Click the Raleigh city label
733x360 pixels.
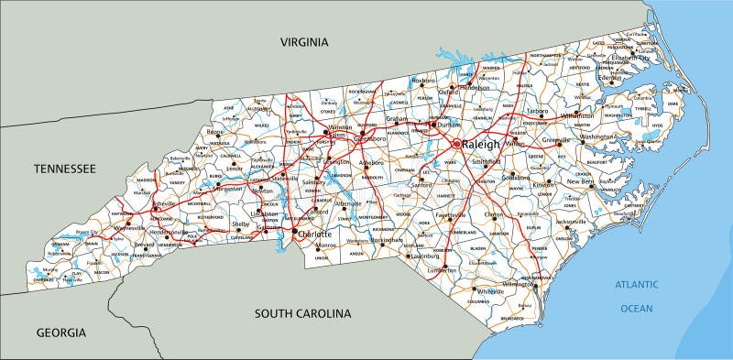[x=482, y=145]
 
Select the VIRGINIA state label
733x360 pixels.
[x=303, y=42]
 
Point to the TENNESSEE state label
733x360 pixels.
[x=64, y=169]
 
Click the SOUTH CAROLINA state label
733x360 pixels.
[x=303, y=313]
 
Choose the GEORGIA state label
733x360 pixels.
[x=61, y=332]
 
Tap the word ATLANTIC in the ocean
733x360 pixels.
[x=637, y=286]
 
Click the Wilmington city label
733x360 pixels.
[x=520, y=284]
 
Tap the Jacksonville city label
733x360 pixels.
[x=571, y=222]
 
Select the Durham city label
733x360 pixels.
[x=449, y=125]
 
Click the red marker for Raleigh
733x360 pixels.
[x=457, y=144]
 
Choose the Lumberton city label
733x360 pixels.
[x=441, y=270]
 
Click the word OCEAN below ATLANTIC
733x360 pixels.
[x=637, y=309]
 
